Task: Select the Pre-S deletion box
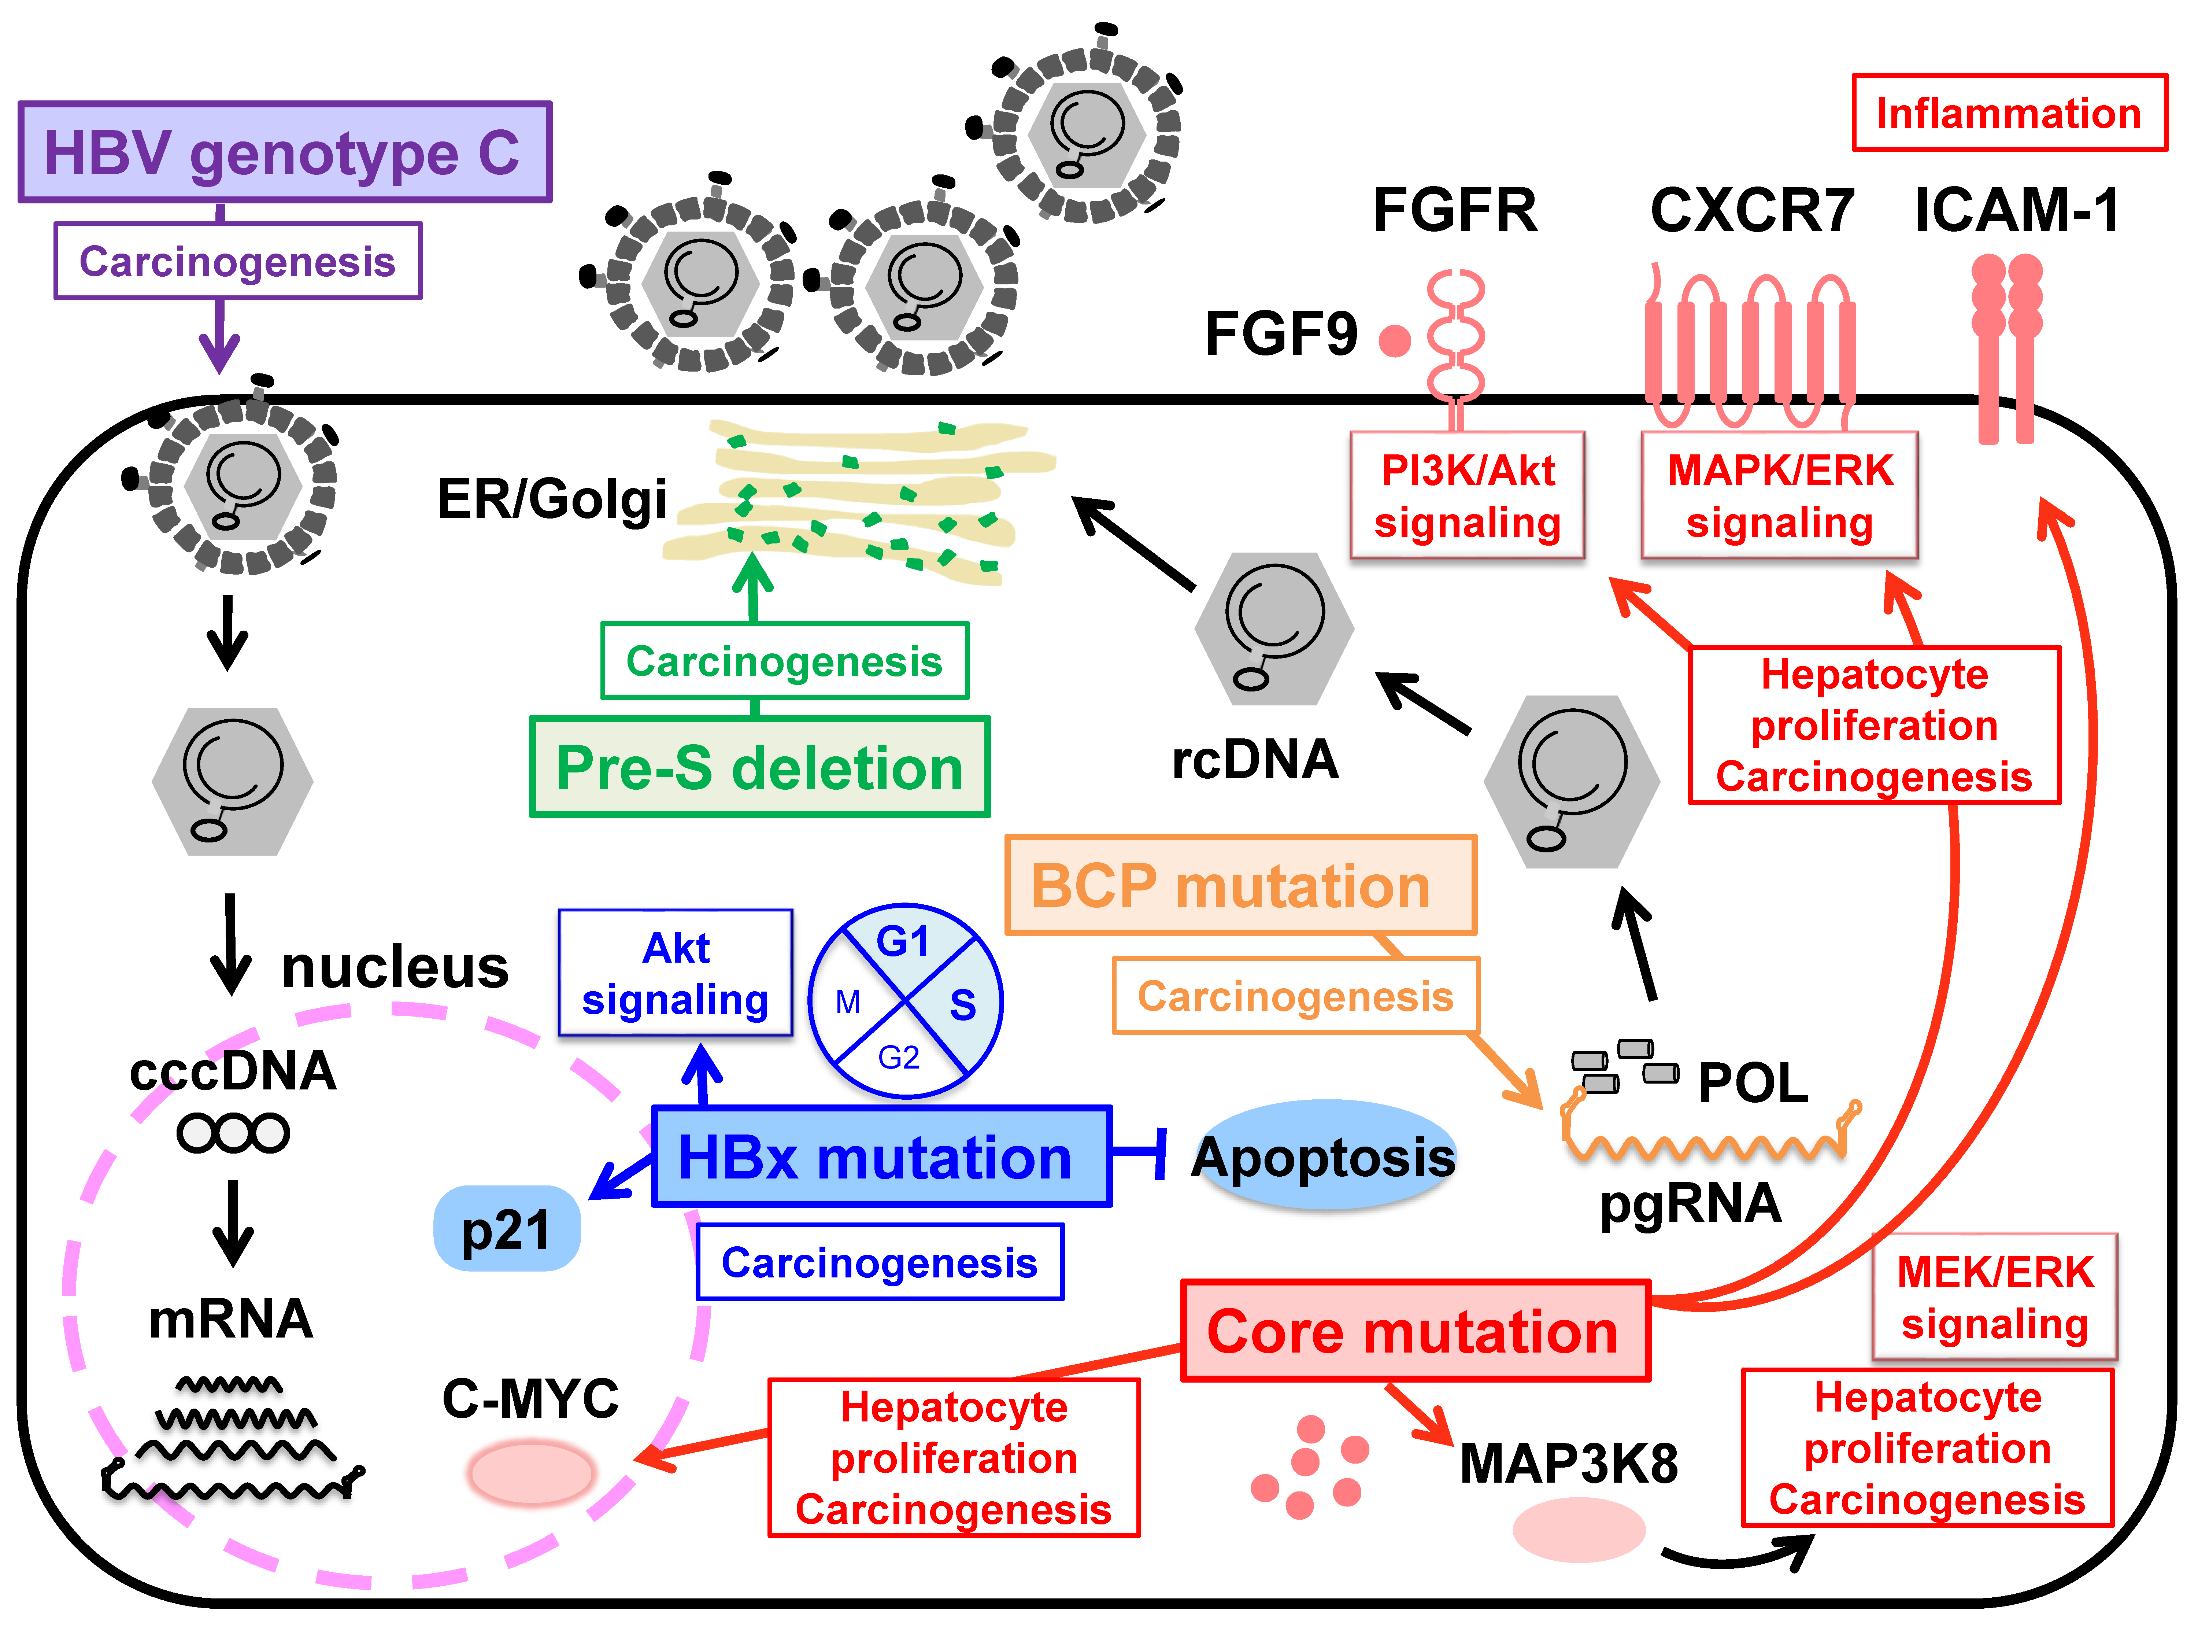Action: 759,767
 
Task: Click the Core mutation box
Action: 1414,1331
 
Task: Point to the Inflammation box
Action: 2008,113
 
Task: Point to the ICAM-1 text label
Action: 2017,211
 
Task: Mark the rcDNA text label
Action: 1255,759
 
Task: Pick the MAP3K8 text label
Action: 1568,1463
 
